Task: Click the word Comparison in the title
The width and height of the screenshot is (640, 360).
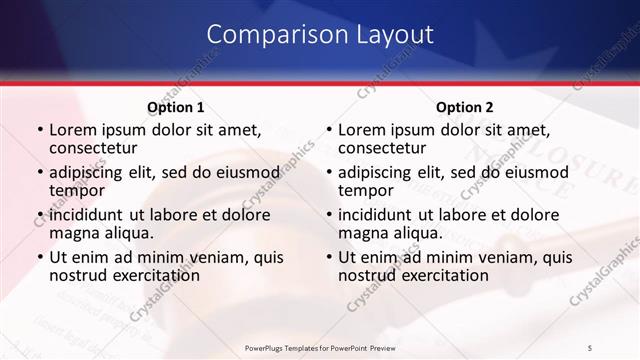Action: (x=275, y=35)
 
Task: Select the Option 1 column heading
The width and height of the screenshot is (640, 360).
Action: (x=176, y=107)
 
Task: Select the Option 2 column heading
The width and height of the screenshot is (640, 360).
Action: (x=465, y=107)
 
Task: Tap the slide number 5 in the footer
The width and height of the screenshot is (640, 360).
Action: (x=591, y=347)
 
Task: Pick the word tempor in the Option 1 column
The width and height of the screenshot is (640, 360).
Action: (x=77, y=190)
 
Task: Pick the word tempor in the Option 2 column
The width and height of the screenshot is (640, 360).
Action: (x=366, y=190)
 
